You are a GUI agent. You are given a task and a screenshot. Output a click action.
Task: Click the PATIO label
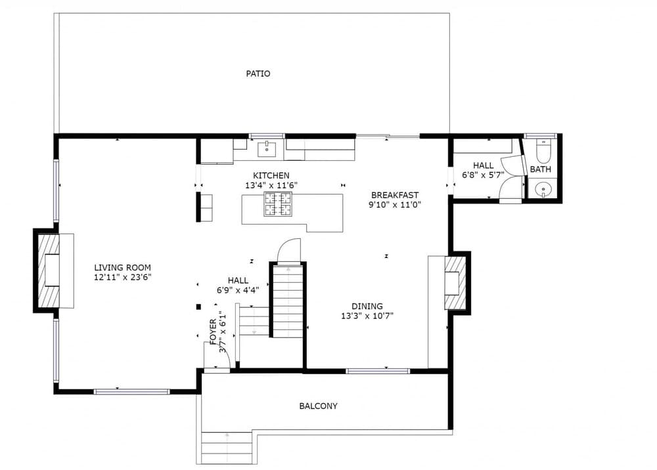pyautogui.click(x=258, y=74)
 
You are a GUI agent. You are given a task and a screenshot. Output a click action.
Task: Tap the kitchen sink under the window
pyautogui.click(x=267, y=149)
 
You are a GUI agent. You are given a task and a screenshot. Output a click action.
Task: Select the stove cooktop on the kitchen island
pyautogui.click(x=278, y=203)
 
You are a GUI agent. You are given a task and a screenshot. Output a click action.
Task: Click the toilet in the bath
pyautogui.click(x=543, y=152)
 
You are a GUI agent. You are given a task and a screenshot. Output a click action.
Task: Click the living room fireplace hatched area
pyautogui.click(x=48, y=270)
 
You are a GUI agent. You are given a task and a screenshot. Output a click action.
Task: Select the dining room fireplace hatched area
pyautogui.click(x=455, y=283)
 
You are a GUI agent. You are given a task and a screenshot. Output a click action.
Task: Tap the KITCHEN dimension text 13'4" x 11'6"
pyautogui.click(x=271, y=186)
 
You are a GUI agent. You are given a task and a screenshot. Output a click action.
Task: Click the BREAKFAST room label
pyautogui.click(x=394, y=195)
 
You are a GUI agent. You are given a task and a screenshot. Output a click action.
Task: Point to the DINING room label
pyautogui.click(x=367, y=306)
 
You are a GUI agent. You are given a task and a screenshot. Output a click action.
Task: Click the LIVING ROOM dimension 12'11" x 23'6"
pyautogui.click(x=122, y=277)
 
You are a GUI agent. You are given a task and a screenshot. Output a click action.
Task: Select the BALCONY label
pyautogui.click(x=318, y=406)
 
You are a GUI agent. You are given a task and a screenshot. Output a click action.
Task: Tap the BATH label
pyautogui.click(x=541, y=169)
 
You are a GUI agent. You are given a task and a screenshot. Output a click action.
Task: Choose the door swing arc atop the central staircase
pyautogui.click(x=288, y=250)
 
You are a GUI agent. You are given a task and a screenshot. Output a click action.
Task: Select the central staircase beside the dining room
pyautogui.click(x=287, y=301)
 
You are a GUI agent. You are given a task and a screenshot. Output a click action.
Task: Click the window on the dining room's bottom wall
pyautogui.click(x=378, y=371)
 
